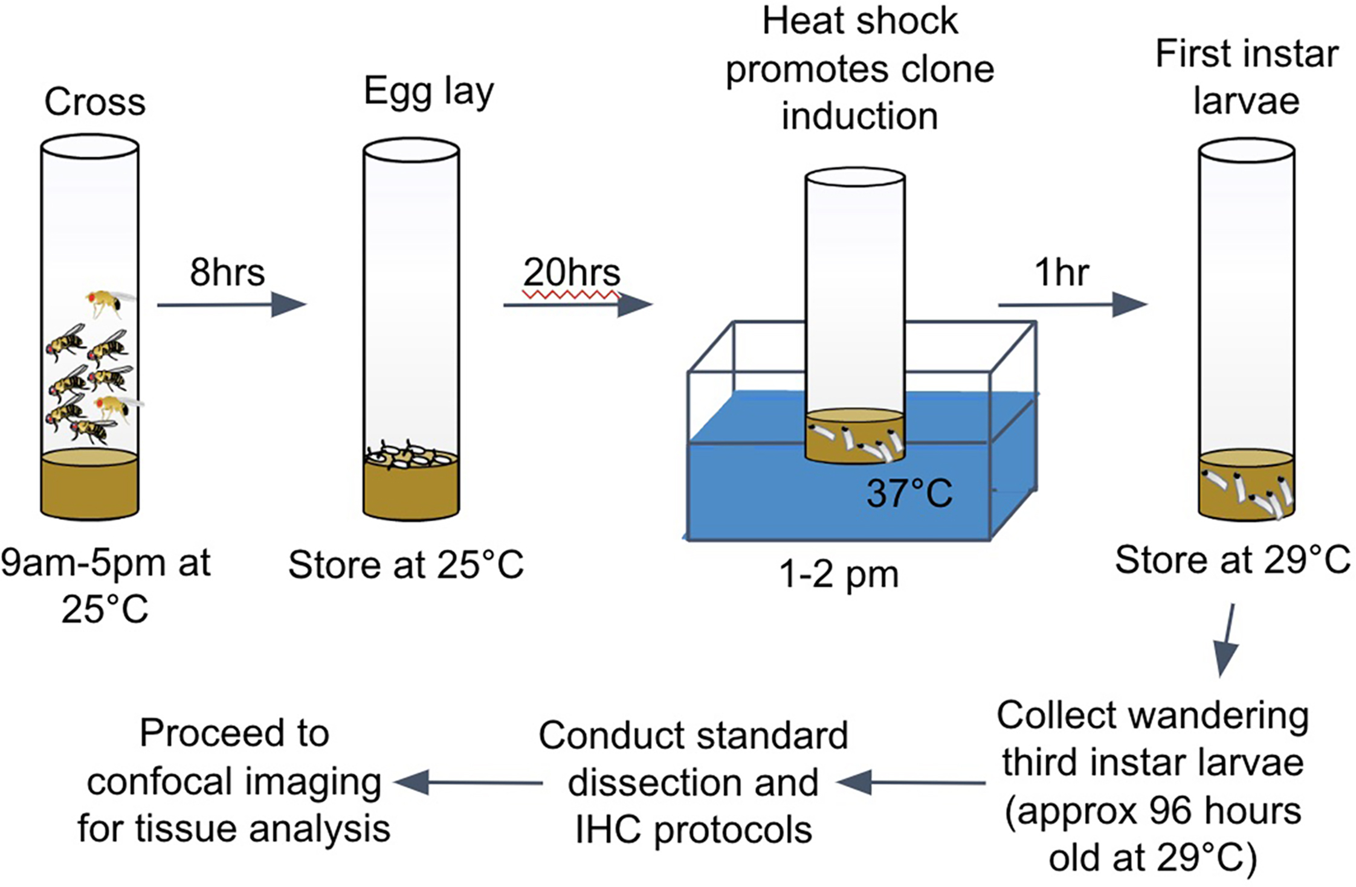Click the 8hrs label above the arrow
pos(227,273)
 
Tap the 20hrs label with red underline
pos(572,273)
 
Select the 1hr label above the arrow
pos(1062,273)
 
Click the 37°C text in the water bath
pos(909,493)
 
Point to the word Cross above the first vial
pos(95,102)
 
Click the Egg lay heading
pos(428,93)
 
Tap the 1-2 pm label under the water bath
pos(839,574)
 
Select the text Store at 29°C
pos(1232,560)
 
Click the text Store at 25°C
pos(405,565)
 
